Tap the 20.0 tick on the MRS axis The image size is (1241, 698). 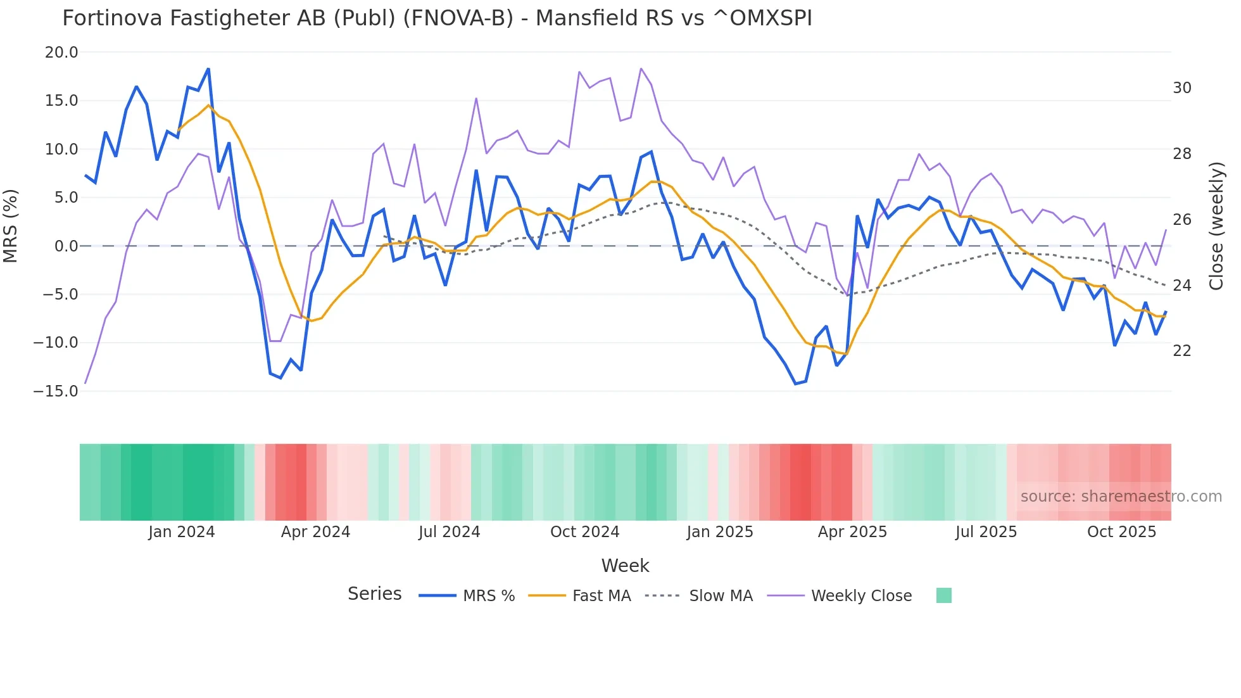(x=61, y=53)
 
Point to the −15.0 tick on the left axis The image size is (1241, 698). (x=56, y=391)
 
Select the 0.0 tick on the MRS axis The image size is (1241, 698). (x=66, y=246)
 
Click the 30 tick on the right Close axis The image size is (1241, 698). (x=1181, y=88)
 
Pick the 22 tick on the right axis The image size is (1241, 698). (x=1181, y=351)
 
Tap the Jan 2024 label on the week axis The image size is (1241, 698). (x=182, y=532)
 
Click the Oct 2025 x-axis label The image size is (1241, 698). (x=1121, y=532)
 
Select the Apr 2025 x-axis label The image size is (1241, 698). (x=852, y=532)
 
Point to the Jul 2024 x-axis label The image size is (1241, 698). (x=449, y=532)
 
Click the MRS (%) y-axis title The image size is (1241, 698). (x=11, y=225)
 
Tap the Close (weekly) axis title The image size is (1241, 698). (x=1216, y=226)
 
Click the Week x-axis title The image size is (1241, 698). (x=625, y=566)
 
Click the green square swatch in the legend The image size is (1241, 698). (x=943, y=595)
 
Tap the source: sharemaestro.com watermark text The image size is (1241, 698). (x=1121, y=497)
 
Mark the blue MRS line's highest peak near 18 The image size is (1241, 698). (x=208, y=69)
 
